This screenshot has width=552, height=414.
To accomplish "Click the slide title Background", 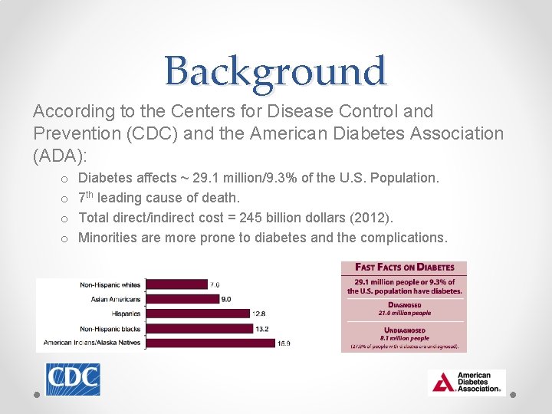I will click(x=275, y=71).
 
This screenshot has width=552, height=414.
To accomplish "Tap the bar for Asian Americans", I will click(x=182, y=299).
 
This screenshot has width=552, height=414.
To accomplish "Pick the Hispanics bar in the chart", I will click(x=197, y=314).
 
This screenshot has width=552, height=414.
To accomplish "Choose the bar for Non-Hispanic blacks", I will click(x=199, y=328).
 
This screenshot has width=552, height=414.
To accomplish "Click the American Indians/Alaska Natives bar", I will click(x=209, y=343).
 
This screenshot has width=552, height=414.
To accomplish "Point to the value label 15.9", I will click(x=284, y=343).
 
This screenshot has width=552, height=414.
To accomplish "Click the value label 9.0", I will click(x=226, y=299).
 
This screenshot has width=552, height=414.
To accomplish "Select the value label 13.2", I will click(x=261, y=329).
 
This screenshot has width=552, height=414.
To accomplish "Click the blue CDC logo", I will click(x=73, y=379).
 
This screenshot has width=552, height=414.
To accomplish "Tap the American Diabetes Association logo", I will click(x=466, y=383).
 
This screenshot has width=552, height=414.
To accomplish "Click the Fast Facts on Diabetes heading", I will click(x=404, y=268).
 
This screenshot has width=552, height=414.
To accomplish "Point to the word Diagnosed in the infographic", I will click(x=404, y=305).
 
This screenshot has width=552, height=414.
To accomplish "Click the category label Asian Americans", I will click(x=115, y=299).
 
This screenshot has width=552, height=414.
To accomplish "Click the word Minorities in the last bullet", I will click(x=107, y=238).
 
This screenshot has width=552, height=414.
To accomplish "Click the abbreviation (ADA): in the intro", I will click(x=61, y=155).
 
